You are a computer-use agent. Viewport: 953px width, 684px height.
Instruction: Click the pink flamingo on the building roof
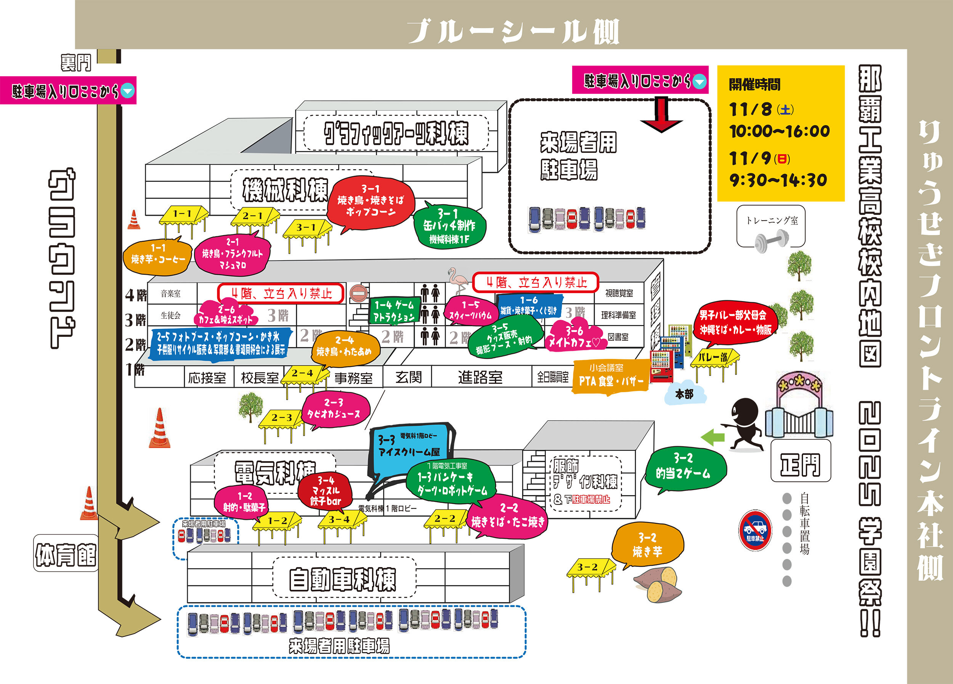tap(458, 280)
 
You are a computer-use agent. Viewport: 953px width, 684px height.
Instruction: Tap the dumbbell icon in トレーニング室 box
tap(772, 242)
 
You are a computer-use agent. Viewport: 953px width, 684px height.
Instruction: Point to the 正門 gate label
tap(800, 465)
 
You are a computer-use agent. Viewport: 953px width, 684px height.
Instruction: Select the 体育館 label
tap(66, 554)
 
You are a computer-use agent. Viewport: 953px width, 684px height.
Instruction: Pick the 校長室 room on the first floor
tap(259, 378)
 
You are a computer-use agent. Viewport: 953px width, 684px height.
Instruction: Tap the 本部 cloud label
tap(685, 394)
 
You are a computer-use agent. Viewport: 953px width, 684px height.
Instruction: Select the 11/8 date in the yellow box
tap(750, 110)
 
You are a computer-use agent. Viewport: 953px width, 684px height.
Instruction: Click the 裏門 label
tap(75, 63)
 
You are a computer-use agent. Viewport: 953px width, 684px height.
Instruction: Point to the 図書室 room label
tap(618, 337)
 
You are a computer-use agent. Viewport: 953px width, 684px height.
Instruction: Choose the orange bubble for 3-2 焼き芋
tap(647, 545)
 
